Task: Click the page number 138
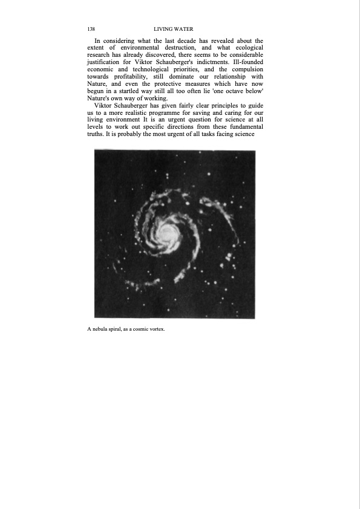[x=91, y=29]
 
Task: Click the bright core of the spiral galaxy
[x=164, y=231]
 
